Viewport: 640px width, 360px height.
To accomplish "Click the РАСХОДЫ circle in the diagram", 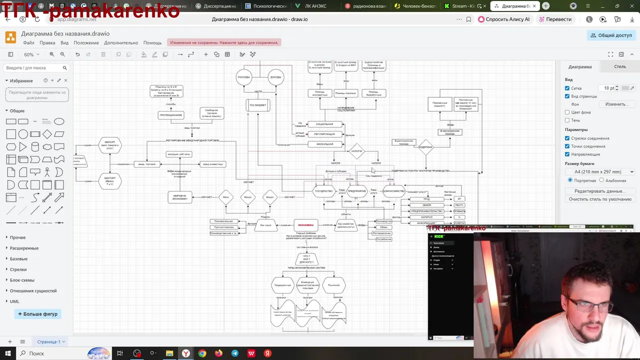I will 243,77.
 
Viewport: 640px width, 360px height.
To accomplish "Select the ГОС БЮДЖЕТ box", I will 258,105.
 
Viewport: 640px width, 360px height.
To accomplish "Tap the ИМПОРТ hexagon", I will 110,145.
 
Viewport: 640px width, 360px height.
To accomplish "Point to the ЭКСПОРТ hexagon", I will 110,180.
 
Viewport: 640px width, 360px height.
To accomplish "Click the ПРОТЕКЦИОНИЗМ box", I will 170,115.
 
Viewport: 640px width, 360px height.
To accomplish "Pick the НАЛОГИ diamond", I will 356,151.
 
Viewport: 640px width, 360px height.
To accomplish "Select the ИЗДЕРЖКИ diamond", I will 425,147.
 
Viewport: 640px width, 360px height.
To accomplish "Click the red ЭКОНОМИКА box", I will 306,225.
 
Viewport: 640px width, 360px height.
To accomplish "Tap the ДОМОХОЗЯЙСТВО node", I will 393,191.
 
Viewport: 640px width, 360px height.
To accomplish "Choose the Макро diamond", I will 248,197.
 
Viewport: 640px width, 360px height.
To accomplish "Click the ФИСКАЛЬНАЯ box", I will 324,144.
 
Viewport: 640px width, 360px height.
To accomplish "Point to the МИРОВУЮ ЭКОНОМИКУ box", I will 179,197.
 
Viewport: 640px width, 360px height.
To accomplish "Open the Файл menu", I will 28,42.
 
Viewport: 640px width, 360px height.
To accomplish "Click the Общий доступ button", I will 611,35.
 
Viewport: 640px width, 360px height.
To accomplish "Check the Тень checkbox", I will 567,120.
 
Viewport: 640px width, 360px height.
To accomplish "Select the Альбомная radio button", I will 601,180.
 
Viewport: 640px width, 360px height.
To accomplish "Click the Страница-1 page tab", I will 48,341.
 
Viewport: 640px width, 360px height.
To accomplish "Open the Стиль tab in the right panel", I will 619,66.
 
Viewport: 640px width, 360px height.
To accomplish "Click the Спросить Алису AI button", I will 503,19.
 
